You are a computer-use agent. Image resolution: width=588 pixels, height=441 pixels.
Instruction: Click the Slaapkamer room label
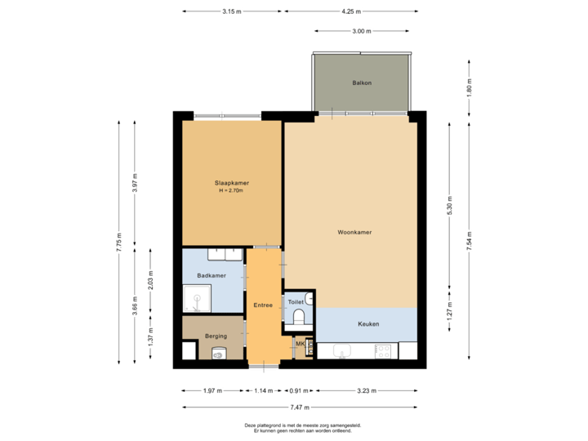click(x=232, y=183)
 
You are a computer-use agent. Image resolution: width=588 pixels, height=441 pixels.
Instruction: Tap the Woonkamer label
click(x=354, y=233)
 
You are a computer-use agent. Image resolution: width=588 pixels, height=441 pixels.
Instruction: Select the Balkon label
click(x=362, y=83)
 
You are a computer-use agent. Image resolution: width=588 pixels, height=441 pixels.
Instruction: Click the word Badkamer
click(x=212, y=276)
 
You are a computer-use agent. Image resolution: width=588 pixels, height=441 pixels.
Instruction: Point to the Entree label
click(x=263, y=305)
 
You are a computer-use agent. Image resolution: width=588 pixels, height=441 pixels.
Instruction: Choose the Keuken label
click(x=368, y=324)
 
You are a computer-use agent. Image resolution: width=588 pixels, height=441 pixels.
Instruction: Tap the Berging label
click(x=216, y=336)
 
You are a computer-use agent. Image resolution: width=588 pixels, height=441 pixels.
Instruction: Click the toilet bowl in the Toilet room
click(x=299, y=315)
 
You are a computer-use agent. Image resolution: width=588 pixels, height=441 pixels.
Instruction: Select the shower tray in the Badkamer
click(x=196, y=300)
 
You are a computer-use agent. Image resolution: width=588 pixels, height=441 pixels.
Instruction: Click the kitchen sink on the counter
click(x=342, y=351)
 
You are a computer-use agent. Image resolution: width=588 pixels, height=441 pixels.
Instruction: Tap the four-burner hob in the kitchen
click(x=382, y=351)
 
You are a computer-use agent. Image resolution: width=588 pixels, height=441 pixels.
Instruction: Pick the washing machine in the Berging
click(x=218, y=353)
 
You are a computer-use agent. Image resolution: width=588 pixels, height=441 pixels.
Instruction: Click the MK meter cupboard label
click(x=300, y=344)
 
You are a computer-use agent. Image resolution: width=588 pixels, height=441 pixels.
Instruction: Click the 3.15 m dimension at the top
click(x=232, y=11)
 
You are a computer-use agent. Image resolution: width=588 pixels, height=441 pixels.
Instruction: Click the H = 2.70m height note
click(x=232, y=191)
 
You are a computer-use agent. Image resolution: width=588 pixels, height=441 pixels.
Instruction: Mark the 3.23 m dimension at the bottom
click(x=367, y=390)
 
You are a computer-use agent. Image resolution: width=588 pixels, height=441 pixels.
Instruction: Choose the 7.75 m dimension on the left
click(x=119, y=243)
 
